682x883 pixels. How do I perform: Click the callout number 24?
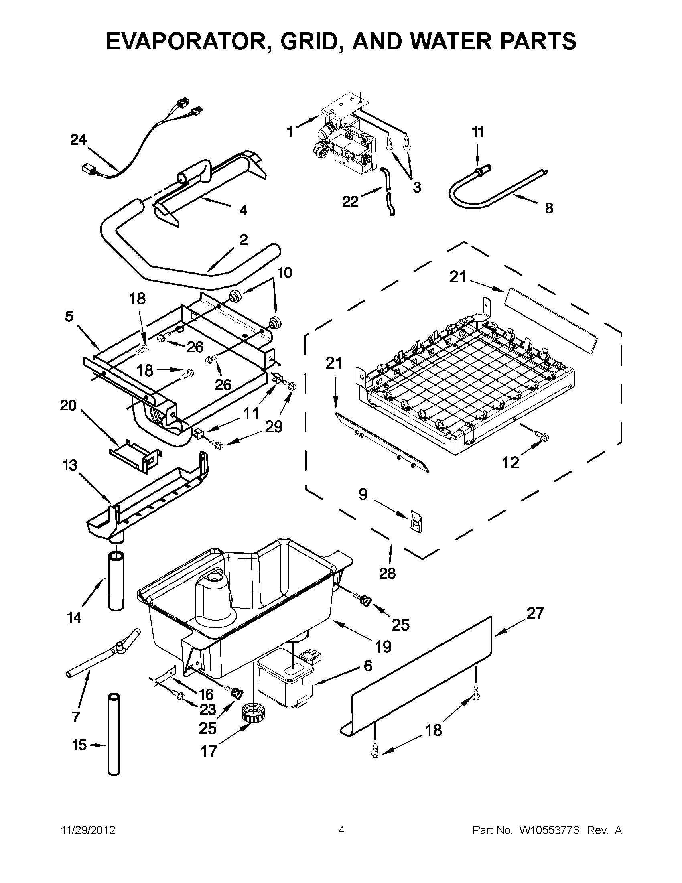click(78, 140)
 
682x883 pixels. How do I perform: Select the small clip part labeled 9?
click(415, 520)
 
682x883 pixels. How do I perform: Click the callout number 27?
click(535, 613)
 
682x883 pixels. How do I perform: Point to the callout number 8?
click(548, 208)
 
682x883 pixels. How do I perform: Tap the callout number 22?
click(350, 201)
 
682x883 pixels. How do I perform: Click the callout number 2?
click(244, 240)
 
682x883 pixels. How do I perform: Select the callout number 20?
click(68, 405)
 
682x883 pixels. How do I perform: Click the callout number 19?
click(383, 646)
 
